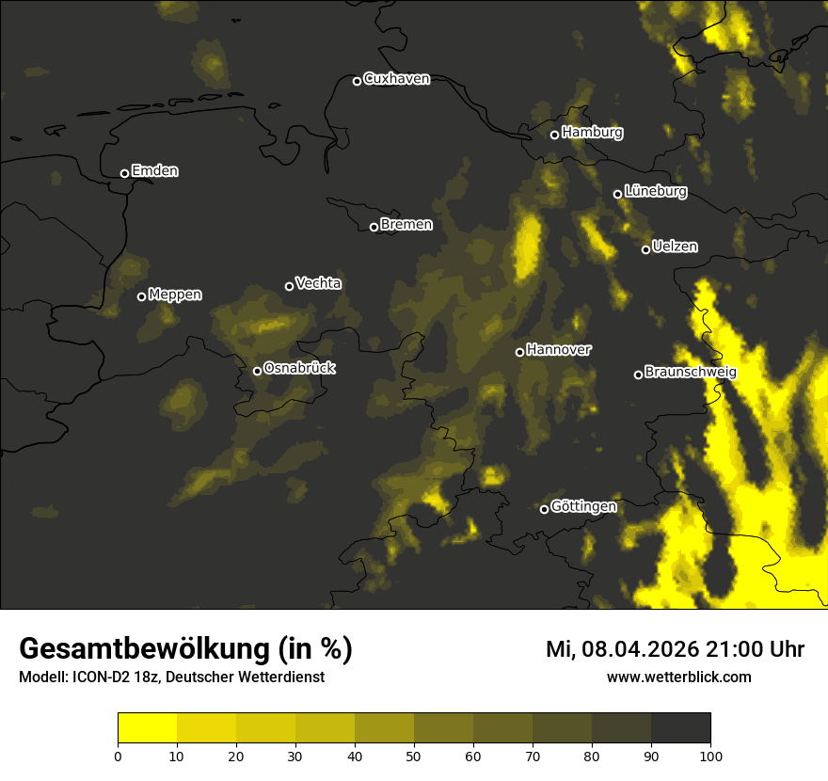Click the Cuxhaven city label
(x=396, y=79)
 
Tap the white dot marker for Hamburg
(x=554, y=135)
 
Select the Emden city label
(x=154, y=171)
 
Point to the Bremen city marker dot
(x=374, y=227)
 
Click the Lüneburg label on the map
(x=656, y=192)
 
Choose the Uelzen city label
(x=675, y=247)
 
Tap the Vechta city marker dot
(x=289, y=286)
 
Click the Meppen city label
(x=175, y=295)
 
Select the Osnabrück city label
(x=299, y=368)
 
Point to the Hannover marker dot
(x=519, y=352)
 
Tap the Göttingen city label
(x=583, y=506)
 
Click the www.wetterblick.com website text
(x=678, y=677)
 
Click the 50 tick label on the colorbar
(x=414, y=755)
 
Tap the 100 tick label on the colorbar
(x=710, y=755)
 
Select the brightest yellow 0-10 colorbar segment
(x=147, y=728)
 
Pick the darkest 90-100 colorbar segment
(x=680, y=728)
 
